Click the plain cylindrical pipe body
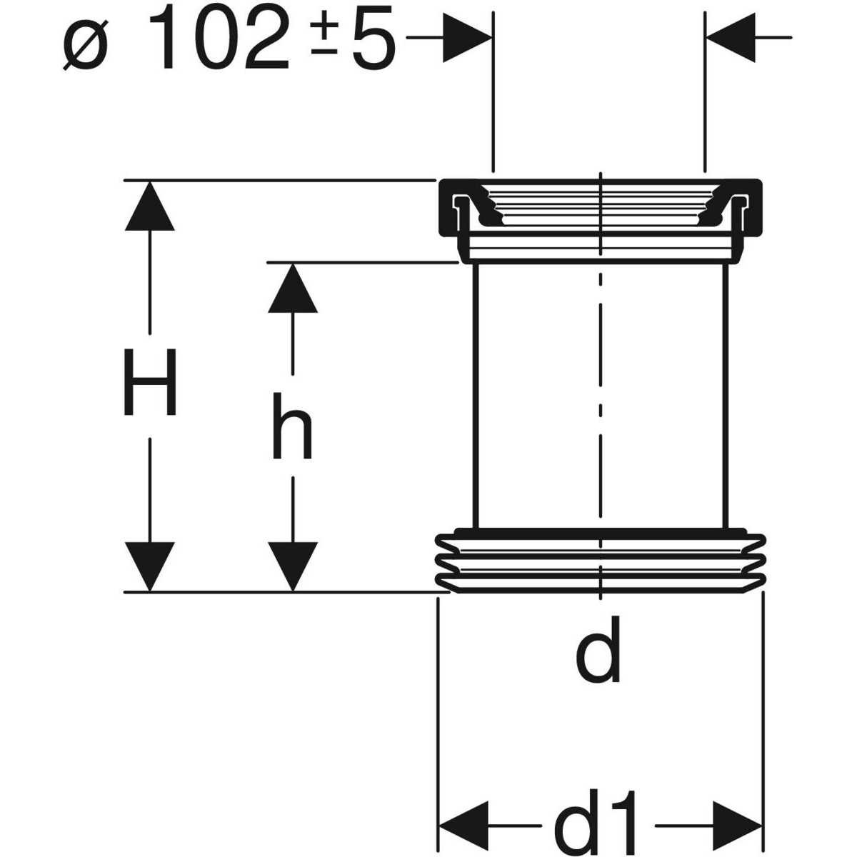point(543,393)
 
